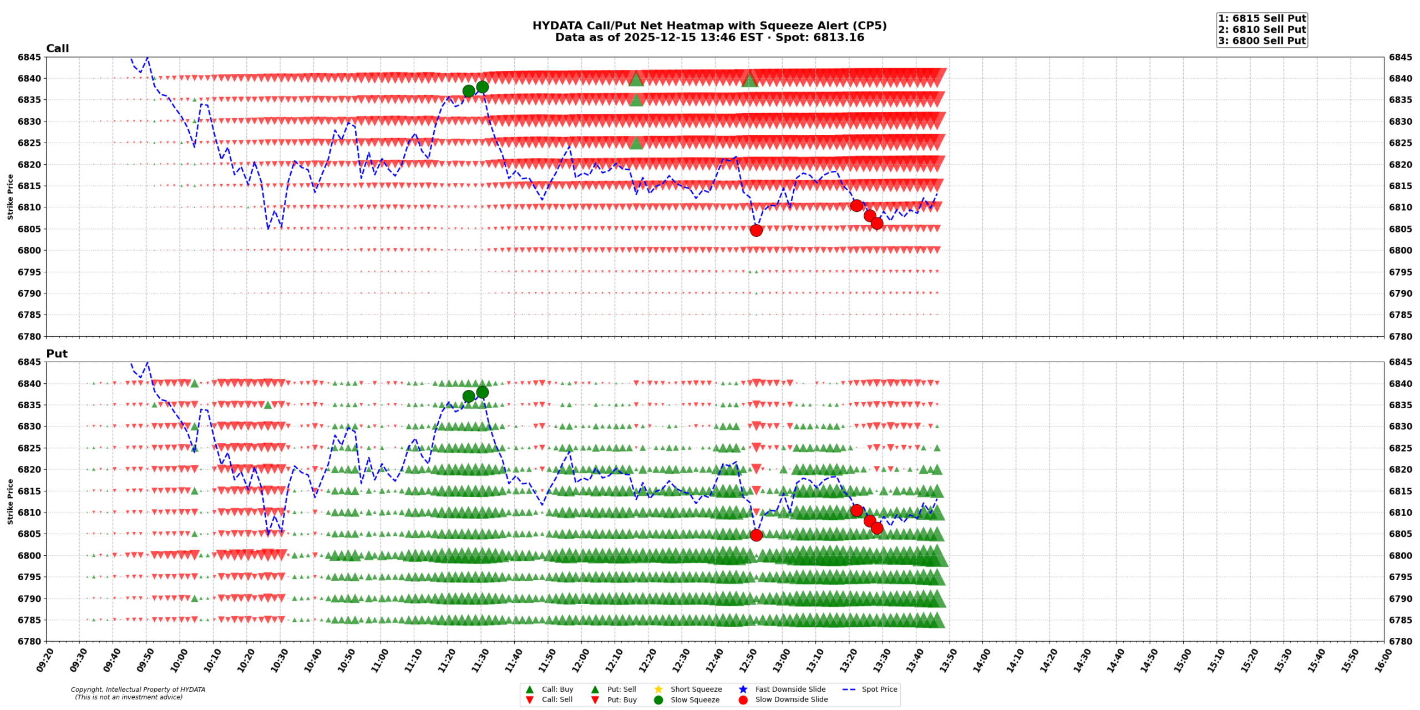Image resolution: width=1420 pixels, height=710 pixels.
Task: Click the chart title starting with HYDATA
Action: [x=709, y=26]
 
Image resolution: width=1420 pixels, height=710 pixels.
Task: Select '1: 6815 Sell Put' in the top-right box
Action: [x=1261, y=19]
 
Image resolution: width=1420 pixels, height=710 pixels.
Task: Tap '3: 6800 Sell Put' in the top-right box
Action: [x=1261, y=41]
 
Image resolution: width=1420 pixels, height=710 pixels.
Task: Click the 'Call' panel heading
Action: [x=57, y=49]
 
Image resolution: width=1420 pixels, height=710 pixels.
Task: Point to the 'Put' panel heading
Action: [x=57, y=354]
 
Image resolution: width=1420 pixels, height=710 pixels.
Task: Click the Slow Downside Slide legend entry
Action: [x=791, y=699]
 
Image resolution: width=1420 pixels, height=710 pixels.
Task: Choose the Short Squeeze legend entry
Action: [x=696, y=689]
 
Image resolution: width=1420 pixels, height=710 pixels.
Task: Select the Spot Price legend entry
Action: [x=879, y=689]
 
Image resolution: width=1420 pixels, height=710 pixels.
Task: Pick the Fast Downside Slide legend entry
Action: [x=790, y=689]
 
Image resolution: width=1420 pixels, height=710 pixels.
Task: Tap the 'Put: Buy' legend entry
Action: [x=621, y=700]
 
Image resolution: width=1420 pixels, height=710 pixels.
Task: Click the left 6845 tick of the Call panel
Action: [x=29, y=57]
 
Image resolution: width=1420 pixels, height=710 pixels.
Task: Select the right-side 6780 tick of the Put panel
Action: [x=1401, y=642]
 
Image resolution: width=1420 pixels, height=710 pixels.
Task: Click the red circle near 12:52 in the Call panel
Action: [x=755, y=231]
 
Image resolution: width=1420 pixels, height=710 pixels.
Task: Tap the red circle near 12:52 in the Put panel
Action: [x=755, y=535]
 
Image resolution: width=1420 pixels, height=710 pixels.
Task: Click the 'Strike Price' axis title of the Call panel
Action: [x=10, y=197]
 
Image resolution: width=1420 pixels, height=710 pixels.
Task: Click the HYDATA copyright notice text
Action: [x=138, y=693]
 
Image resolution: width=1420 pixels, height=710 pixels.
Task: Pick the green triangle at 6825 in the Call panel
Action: [x=636, y=143]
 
